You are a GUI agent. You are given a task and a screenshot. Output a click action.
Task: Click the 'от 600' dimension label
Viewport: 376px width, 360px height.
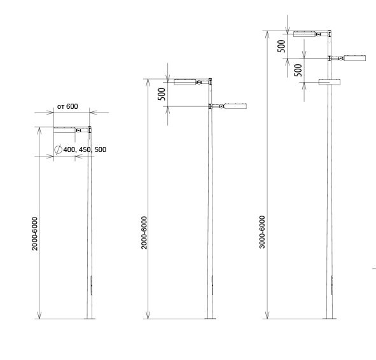pyautogui.click(x=67, y=106)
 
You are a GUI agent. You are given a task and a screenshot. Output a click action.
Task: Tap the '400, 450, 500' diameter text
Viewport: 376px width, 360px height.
pyautogui.click(x=85, y=149)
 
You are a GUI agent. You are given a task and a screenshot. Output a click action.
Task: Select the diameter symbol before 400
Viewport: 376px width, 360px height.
pyautogui.click(x=58, y=149)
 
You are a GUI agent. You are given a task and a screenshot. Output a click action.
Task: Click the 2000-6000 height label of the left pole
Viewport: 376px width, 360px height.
pyautogui.click(x=35, y=233)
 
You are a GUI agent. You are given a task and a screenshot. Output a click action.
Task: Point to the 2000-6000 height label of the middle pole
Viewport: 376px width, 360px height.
pyautogui.click(x=144, y=233)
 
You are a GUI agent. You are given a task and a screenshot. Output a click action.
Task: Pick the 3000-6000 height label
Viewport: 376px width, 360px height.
pyautogui.click(x=262, y=232)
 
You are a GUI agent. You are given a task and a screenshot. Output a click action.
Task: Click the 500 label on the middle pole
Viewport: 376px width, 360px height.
pyautogui.click(x=162, y=94)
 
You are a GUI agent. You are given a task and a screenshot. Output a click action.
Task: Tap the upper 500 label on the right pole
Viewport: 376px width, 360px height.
pyautogui.click(x=281, y=46)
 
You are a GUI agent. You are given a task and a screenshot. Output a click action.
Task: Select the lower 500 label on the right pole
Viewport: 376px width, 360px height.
pyautogui.click(x=298, y=70)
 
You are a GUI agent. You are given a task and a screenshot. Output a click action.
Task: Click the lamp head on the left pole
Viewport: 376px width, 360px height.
pyautogui.click(x=64, y=130)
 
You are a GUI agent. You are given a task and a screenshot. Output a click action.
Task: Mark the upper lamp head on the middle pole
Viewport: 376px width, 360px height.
pyautogui.click(x=185, y=82)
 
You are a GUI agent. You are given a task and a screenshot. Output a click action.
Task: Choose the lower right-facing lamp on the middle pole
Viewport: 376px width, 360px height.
pyautogui.click(x=235, y=106)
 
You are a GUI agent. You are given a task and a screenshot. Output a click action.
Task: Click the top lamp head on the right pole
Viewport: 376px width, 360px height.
pyautogui.click(x=304, y=34)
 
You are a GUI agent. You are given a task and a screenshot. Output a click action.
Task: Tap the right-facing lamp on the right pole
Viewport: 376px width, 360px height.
pyautogui.click(x=355, y=58)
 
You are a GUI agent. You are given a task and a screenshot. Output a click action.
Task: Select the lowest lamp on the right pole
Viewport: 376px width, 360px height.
pyautogui.click(x=330, y=82)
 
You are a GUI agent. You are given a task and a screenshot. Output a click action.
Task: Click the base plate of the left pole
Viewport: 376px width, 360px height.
pyautogui.click(x=90, y=319)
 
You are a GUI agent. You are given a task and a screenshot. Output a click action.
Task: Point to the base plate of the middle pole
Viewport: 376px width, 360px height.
pyautogui.click(x=210, y=319)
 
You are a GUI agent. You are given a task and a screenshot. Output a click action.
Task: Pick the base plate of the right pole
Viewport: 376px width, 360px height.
pyautogui.click(x=330, y=319)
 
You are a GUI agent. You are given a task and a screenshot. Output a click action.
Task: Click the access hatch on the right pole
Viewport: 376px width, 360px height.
pyautogui.click(x=332, y=285)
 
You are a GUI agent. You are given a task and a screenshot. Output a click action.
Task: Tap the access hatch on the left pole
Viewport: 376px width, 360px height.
pyautogui.click(x=92, y=285)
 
